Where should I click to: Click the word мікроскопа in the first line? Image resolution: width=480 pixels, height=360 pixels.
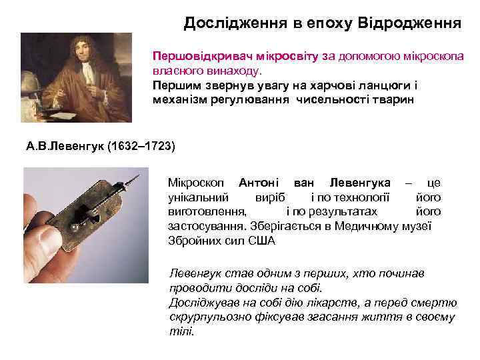pyautogui.click(x=431, y=57)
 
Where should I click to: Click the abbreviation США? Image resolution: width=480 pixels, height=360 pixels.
pyautogui.click(x=261, y=241)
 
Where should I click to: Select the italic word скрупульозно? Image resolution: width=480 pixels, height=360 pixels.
pyautogui.click(x=205, y=317)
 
